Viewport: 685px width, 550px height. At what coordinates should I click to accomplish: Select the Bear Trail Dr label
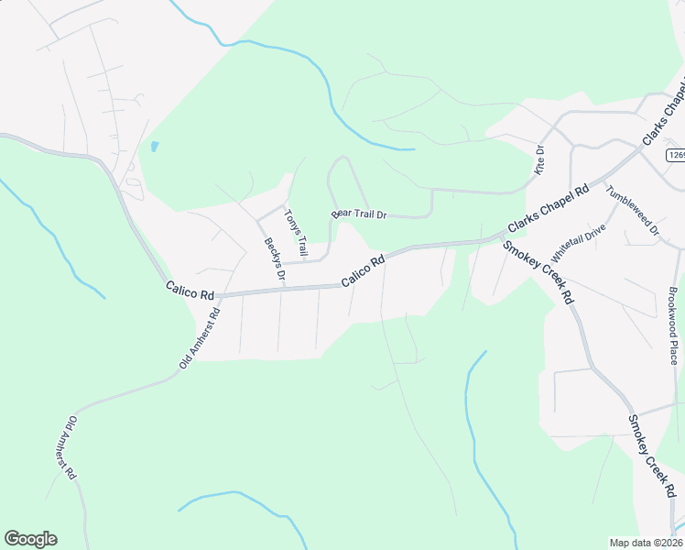(360, 214)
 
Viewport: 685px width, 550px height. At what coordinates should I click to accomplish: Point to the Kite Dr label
(539, 160)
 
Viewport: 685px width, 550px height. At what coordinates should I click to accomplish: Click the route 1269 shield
(676, 155)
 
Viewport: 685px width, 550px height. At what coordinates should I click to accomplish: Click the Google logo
(30, 539)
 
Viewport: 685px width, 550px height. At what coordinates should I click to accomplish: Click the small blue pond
(154, 147)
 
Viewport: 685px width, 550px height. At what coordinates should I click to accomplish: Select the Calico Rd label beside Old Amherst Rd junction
(190, 291)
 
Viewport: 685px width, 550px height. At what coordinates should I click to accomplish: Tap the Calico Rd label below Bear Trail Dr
(363, 271)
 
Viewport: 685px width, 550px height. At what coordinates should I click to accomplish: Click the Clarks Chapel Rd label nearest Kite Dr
(549, 209)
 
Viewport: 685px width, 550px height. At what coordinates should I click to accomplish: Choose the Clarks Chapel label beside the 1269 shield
(665, 115)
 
